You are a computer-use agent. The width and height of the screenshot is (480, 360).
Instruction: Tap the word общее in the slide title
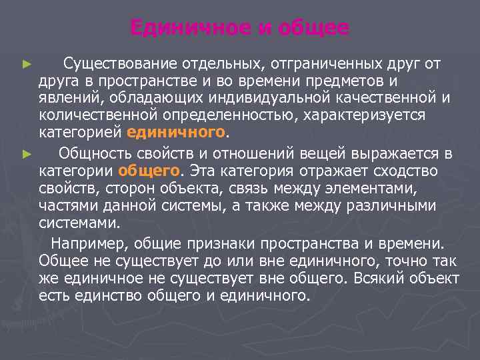[x=315, y=28]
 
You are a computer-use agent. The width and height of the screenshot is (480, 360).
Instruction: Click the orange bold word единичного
[x=184, y=131]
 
